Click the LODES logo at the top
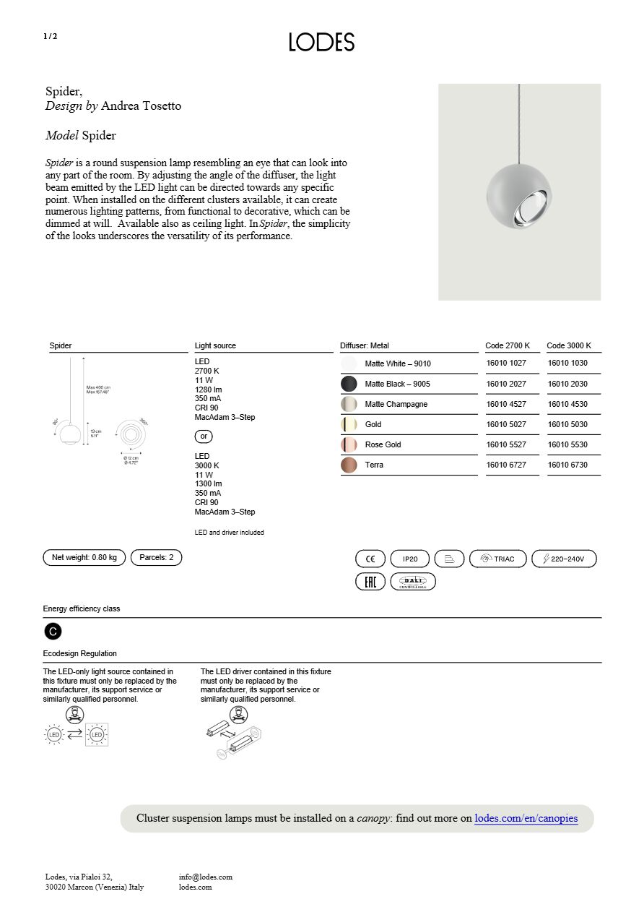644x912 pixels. (321, 42)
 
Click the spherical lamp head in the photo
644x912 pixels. (519, 195)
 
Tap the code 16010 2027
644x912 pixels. (506, 384)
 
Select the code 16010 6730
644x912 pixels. (567, 465)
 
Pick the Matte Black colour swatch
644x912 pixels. (349, 384)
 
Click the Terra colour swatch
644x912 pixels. (349, 465)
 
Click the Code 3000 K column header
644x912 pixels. (569, 345)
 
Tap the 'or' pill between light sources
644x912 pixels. (204, 436)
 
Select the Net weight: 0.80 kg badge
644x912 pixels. (84, 557)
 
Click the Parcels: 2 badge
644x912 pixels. (156, 557)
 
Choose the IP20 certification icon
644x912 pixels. (410, 559)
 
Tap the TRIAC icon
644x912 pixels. (497, 559)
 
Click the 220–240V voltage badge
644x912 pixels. (564, 559)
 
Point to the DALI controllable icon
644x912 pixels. (413, 582)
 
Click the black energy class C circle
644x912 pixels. (53, 632)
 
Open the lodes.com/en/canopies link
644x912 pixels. (526, 818)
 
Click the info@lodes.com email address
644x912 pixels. (206, 877)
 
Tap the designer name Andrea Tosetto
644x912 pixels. (141, 106)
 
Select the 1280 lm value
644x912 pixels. (208, 390)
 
